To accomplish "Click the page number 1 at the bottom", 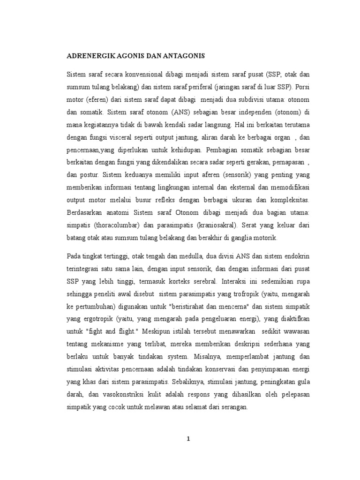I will (188, 439).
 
